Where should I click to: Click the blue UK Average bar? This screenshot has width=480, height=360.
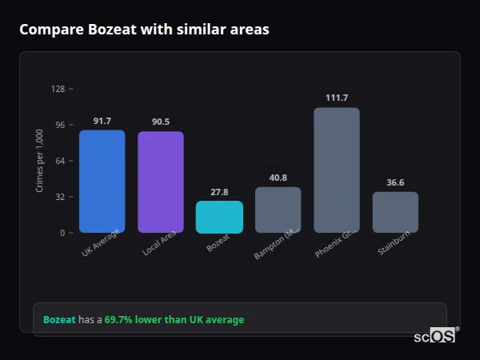point(102,182)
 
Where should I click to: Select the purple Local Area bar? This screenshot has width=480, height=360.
point(160,182)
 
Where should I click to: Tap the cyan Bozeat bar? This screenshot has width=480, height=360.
point(219,217)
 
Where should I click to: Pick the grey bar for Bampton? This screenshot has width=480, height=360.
point(278,210)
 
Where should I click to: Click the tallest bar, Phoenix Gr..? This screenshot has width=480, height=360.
point(336,170)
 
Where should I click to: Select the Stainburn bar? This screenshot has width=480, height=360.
point(395,213)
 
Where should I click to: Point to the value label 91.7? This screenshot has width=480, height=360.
point(102,121)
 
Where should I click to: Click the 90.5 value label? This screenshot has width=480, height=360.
point(160,122)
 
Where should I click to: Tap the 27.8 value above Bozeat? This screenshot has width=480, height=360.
point(219,192)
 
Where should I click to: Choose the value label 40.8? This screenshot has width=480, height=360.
point(278,178)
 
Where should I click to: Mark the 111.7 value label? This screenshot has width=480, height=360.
point(336,98)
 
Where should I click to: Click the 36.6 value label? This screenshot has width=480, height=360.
point(395,182)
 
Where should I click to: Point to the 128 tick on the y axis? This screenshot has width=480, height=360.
point(58,89)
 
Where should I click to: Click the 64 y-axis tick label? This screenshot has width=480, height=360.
point(60,161)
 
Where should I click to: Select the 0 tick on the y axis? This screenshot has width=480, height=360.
point(62,233)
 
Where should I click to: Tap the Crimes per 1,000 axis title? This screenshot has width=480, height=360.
point(39,161)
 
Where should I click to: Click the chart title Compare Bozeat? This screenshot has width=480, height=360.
point(144,30)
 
